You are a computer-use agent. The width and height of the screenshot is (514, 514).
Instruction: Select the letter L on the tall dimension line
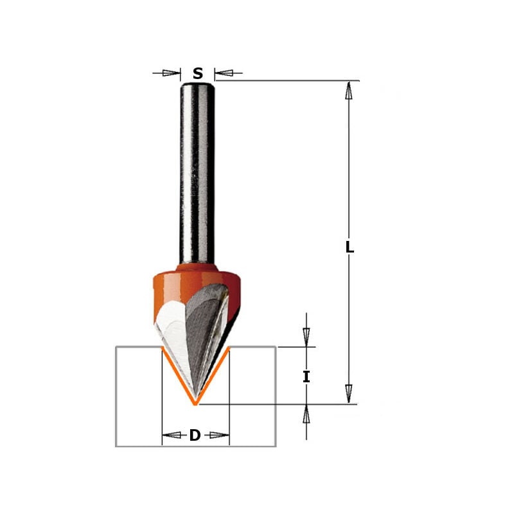[x=350, y=246]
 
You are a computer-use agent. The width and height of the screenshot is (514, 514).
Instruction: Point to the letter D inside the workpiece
[x=195, y=436]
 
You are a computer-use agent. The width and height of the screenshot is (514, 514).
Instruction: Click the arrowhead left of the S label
[x=172, y=73]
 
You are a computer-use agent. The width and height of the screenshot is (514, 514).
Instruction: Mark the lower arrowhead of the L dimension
[x=349, y=392]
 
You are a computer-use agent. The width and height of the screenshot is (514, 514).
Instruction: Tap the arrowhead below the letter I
[x=306, y=414]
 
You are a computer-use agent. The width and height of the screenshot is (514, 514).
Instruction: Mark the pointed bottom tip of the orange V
[x=195, y=404]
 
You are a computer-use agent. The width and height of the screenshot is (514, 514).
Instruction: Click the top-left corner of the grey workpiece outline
[x=116, y=347]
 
